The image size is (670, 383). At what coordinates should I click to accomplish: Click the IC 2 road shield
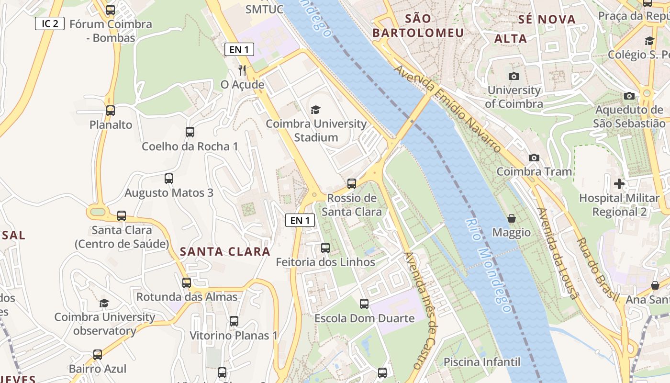pos(50,23)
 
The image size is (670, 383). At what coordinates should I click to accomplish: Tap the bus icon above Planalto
pos(111,111)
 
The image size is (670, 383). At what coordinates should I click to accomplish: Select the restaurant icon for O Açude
pos(242,70)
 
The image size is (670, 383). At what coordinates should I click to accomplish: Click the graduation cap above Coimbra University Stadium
pos(315,110)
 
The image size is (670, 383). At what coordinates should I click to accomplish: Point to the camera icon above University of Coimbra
pos(514,76)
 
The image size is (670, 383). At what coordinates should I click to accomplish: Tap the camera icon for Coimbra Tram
pos(534,158)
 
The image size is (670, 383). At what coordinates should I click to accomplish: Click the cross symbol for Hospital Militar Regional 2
pos(619,183)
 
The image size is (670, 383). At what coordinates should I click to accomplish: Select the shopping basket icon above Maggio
pos(512,218)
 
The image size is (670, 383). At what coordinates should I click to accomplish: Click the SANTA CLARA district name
pos(225,252)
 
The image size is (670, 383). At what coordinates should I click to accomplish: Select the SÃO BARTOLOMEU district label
pos(418,26)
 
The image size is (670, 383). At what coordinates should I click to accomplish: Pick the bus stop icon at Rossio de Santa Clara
pos(352,183)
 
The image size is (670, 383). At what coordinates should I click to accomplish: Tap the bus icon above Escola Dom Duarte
pos(364,304)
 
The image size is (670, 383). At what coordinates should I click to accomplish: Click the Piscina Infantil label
pos(481,361)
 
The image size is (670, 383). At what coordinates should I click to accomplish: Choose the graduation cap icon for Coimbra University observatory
pos(104,303)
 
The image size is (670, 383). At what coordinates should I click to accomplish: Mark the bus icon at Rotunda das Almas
pos(187,282)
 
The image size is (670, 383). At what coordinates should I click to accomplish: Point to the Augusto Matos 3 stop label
pos(169,193)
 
